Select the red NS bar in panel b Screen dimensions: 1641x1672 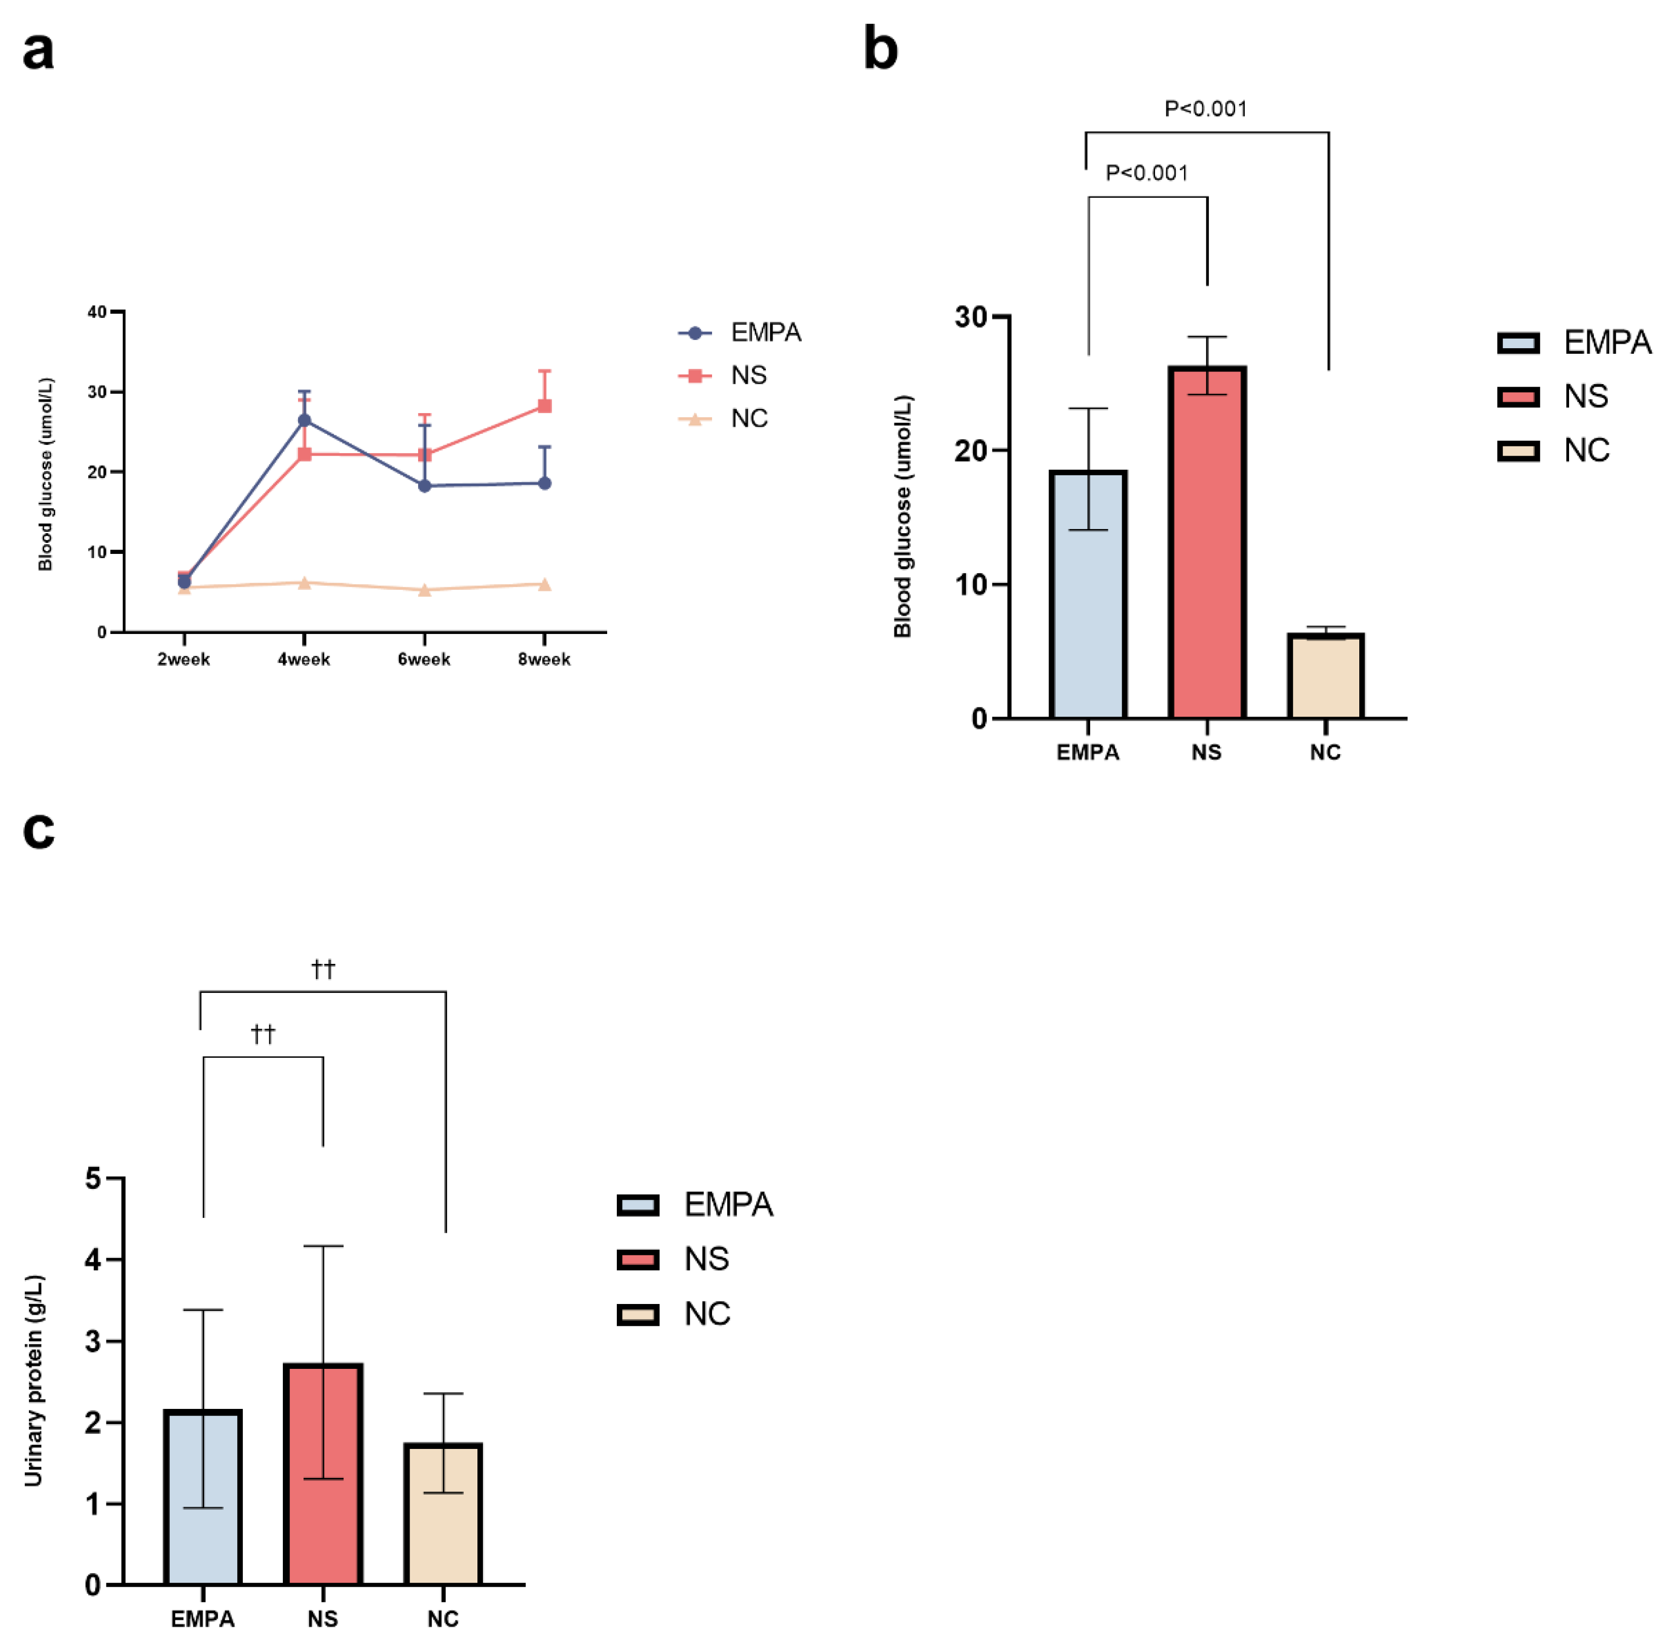tap(1207, 543)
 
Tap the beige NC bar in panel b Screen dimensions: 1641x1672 tap(1325, 677)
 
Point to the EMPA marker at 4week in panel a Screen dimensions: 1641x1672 tap(304, 421)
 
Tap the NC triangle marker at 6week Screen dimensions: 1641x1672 tap(424, 590)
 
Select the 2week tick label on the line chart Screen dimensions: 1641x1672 tap(183, 659)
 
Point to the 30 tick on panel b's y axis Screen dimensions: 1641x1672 tap(971, 317)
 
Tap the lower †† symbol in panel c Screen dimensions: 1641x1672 tap(263, 1033)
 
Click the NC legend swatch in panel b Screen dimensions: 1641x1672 tap(1518, 451)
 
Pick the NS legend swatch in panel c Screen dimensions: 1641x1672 tap(638, 1260)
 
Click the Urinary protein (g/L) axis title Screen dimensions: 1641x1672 tap(33, 1380)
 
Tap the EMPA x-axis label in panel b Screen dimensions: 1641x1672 tap(1088, 753)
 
